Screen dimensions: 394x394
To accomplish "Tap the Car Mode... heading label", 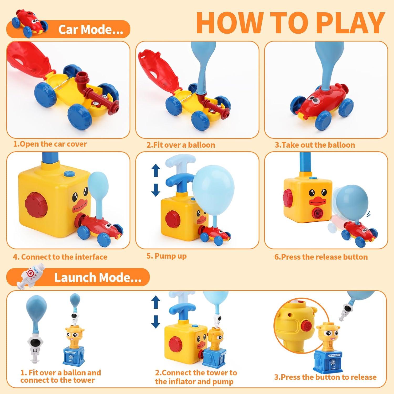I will click(x=91, y=29).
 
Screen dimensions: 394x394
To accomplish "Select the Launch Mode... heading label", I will click(x=98, y=278).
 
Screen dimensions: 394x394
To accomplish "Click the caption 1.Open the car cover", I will click(x=50, y=144).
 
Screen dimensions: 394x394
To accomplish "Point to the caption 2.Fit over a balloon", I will click(x=181, y=145).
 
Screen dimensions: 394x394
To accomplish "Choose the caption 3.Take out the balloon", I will click(x=315, y=145).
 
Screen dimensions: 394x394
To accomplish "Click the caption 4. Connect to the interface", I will click(x=60, y=257).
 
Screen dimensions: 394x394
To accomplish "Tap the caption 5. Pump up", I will click(x=167, y=256).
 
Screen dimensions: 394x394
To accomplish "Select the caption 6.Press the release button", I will click(x=321, y=257).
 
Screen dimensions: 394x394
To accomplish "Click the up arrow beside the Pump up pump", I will click(x=156, y=170).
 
